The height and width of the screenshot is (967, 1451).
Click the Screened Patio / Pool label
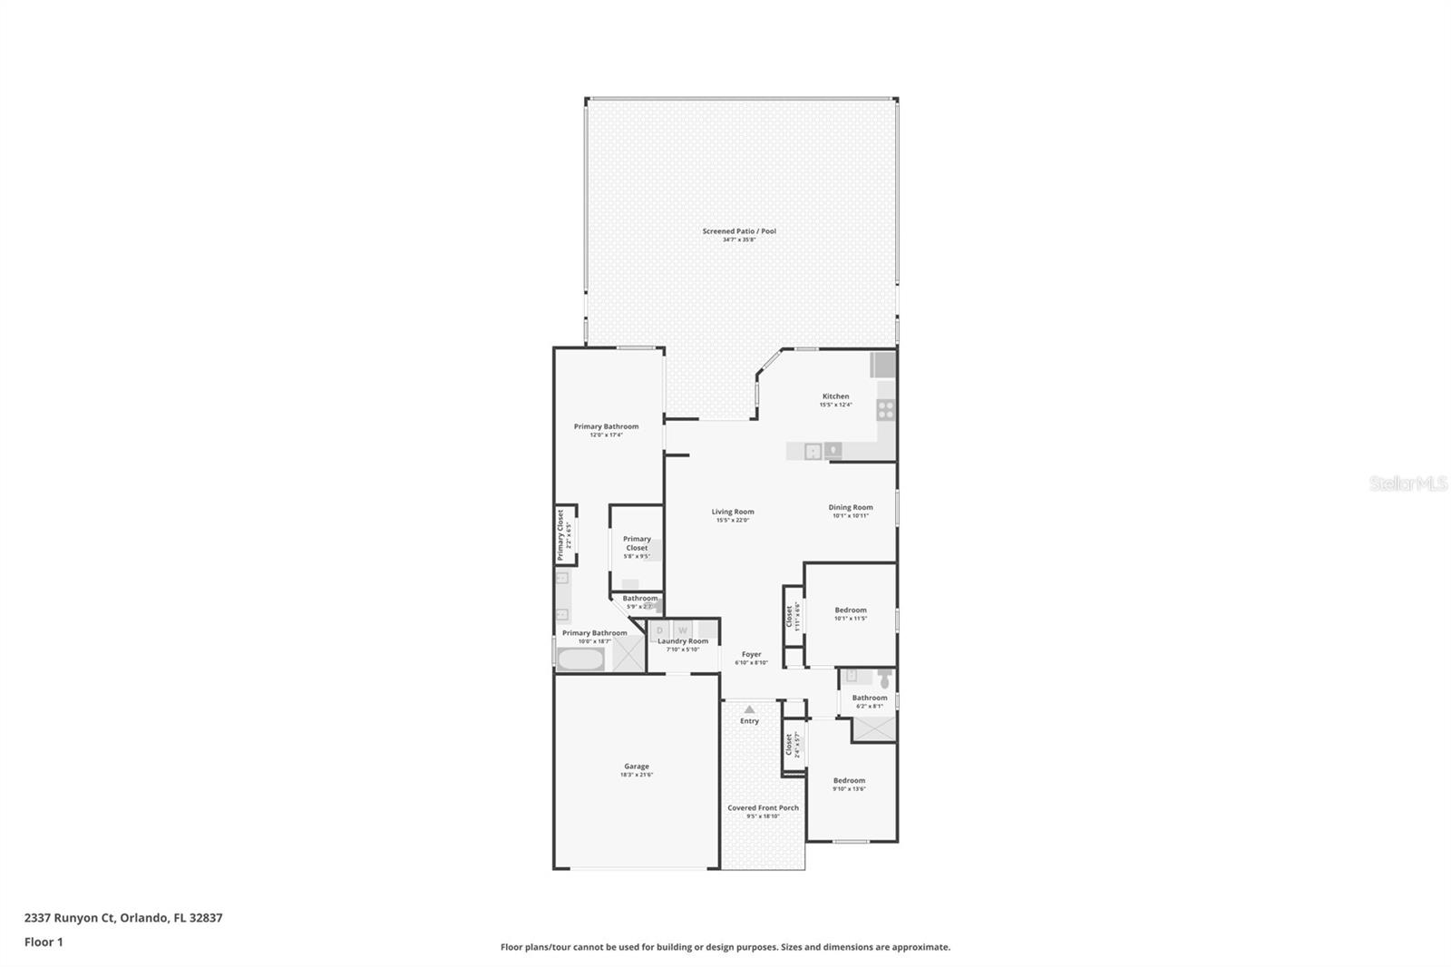[739, 231]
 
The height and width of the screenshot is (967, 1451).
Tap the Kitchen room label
[835, 396]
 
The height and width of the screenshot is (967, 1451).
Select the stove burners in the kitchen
[886, 409]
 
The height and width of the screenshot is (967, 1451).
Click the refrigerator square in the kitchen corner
[883, 365]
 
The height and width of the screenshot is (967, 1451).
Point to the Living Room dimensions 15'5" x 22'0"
[733, 521]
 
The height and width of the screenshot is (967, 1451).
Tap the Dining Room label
[851, 508]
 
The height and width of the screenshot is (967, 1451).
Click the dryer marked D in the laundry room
[660, 630]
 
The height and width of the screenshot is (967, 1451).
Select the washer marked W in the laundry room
[683, 630]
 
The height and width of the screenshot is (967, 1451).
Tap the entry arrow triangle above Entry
[749, 709]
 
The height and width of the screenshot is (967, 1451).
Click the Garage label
[636, 767]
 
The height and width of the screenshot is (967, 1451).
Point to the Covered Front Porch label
[763, 808]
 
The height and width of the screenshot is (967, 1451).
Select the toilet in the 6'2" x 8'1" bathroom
[885, 678]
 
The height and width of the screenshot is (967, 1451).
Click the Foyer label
[751, 654]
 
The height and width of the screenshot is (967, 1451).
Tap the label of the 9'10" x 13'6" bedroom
[849, 781]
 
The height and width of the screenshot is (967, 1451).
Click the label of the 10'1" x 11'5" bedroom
[851, 610]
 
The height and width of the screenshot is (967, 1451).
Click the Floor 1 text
[44, 943]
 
